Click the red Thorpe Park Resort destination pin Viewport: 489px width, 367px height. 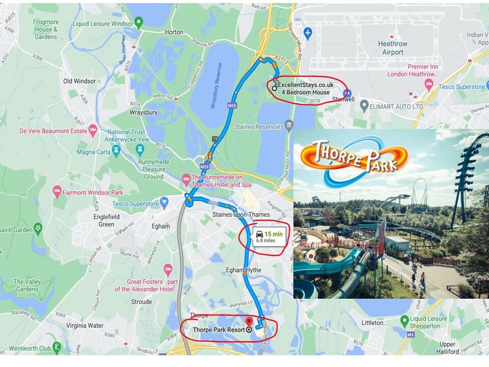(x=249, y=322)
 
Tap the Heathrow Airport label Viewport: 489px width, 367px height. (x=393, y=48)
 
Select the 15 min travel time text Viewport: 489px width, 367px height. (x=274, y=234)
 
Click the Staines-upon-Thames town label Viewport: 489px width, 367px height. (x=241, y=215)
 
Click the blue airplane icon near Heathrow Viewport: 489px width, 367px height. (x=307, y=33)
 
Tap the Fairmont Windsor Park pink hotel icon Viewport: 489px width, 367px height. (x=57, y=192)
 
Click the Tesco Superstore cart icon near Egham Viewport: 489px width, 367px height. (x=164, y=203)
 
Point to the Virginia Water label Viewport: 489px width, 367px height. (x=85, y=325)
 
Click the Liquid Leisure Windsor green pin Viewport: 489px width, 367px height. (x=138, y=23)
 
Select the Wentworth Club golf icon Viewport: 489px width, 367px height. (x=57, y=348)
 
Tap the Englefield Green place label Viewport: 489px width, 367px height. (x=106, y=220)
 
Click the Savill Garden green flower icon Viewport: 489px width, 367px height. (x=38, y=227)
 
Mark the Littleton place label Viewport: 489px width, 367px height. (x=372, y=323)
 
